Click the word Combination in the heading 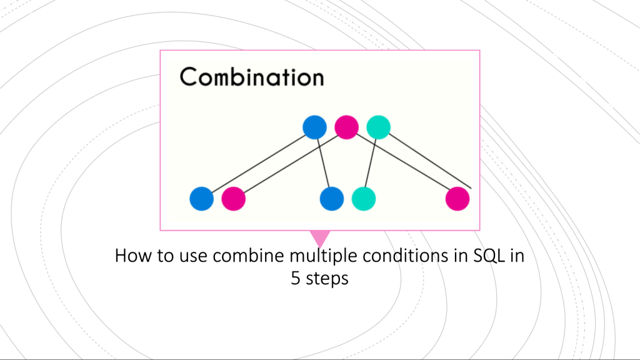(x=251, y=77)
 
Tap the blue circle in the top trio (x=314, y=127)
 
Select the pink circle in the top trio (x=346, y=127)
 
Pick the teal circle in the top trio (x=378, y=127)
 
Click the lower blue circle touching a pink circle (x=201, y=199)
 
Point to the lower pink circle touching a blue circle (x=233, y=199)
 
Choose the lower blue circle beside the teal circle (x=331, y=199)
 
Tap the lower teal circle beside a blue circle (x=364, y=199)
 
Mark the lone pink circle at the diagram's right (x=457, y=199)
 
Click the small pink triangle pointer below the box (x=319, y=237)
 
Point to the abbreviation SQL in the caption (x=490, y=256)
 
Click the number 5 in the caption (x=295, y=278)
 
